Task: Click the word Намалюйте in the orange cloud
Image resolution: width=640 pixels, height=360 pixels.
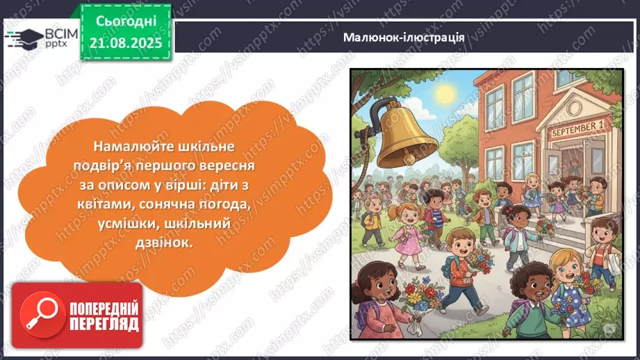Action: point(126,147)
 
